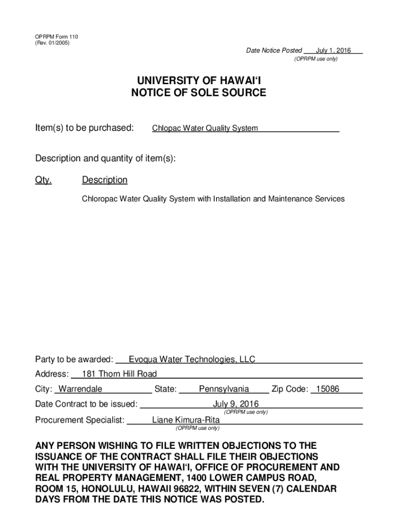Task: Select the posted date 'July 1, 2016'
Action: coord(333,50)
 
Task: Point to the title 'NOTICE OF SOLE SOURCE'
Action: coord(198,94)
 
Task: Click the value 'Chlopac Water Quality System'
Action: coord(205,128)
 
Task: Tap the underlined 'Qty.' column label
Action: coord(43,180)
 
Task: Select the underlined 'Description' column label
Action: coord(104,180)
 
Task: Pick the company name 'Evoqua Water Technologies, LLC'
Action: coord(192,360)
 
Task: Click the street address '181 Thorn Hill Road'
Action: coord(119,374)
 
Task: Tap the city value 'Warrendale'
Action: coord(80,389)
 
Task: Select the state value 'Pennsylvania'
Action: coord(224,389)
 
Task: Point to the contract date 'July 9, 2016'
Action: coord(236,404)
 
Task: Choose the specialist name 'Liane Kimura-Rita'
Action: coord(186,420)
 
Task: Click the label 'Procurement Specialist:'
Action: coord(80,420)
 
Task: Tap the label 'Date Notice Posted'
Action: coord(274,50)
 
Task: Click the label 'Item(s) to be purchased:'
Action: coord(85,128)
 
